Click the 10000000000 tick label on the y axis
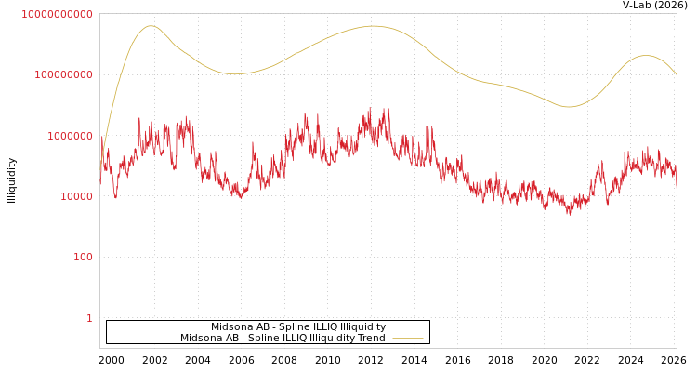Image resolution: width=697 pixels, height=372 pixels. point(57,14)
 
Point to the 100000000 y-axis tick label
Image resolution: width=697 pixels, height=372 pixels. point(63,74)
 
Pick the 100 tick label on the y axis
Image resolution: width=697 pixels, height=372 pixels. point(83,257)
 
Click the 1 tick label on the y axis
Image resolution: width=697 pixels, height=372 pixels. point(89,318)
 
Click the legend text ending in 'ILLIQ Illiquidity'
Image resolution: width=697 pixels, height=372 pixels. point(297,326)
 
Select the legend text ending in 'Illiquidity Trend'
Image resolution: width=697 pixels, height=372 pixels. point(283,338)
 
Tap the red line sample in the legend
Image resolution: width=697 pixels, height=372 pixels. point(407,326)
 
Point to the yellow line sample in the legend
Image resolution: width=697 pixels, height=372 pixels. point(407,338)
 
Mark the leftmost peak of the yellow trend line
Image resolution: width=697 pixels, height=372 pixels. point(151,26)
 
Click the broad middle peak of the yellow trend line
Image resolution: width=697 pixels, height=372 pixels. point(373,26)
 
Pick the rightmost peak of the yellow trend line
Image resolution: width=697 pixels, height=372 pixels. point(647,56)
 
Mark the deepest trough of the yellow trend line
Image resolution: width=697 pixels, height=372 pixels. point(570,107)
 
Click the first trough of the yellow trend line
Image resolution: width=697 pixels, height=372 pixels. point(235,73)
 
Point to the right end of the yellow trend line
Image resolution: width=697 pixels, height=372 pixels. point(676,73)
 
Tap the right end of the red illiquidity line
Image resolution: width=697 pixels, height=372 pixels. point(676,186)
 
